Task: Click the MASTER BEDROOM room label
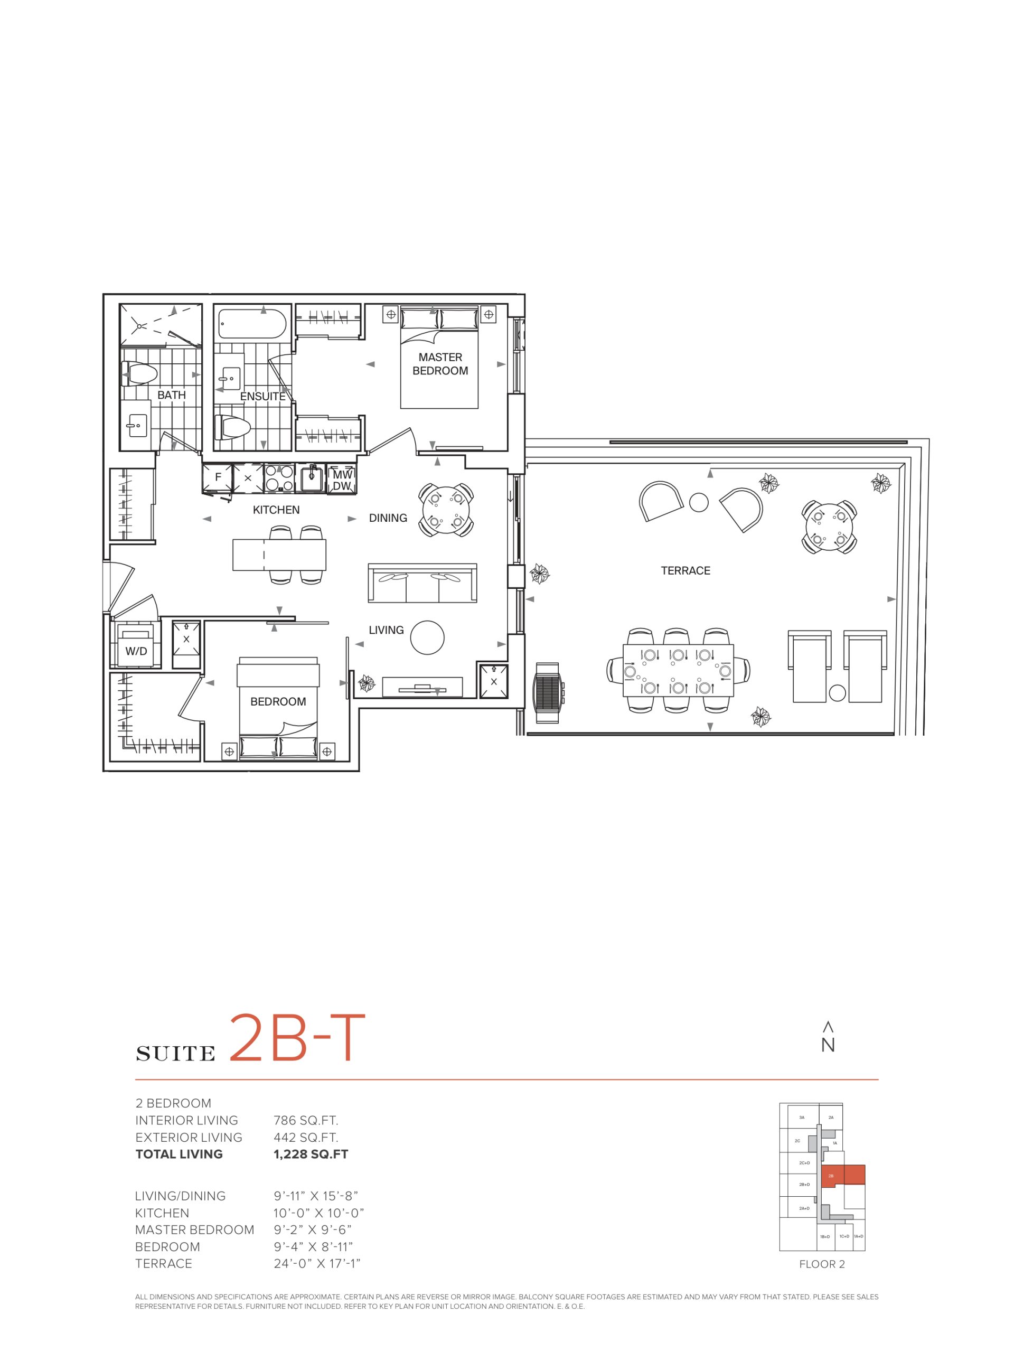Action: [x=440, y=364]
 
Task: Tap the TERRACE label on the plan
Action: [x=685, y=570]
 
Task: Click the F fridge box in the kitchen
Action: [x=218, y=478]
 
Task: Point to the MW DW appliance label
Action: [x=342, y=480]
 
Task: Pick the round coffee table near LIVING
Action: [x=427, y=637]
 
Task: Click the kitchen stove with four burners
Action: [x=279, y=478]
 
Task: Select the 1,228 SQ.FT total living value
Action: [x=311, y=1154]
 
